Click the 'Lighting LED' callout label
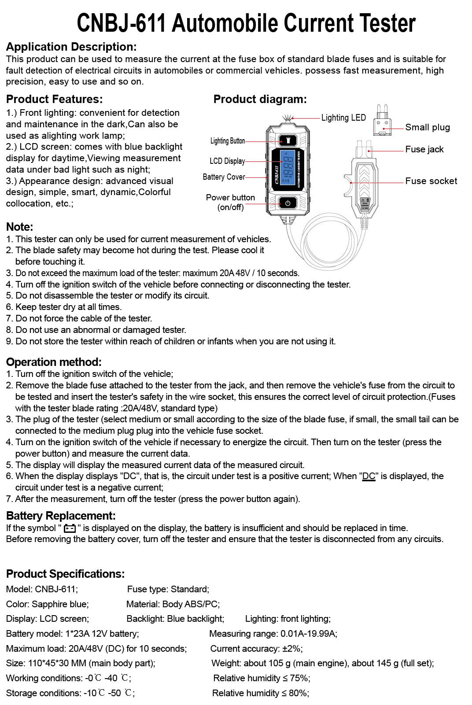coord(343,118)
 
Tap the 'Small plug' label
coord(427,127)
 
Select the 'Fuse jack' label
coord(424,149)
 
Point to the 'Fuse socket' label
coord(431,181)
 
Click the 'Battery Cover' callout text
coord(224,177)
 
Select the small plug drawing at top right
coord(382,121)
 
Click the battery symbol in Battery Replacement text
coord(70,528)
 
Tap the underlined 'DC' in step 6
coord(369,476)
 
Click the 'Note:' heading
coord(20,227)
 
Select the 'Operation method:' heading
coord(54,362)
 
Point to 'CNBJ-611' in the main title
coord(122,23)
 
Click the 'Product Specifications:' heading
coord(65,574)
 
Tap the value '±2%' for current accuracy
coord(291,649)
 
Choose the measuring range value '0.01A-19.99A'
coord(308,634)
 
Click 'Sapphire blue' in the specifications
coord(60,604)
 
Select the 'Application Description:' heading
coord(71,47)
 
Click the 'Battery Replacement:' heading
coord(61,516)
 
